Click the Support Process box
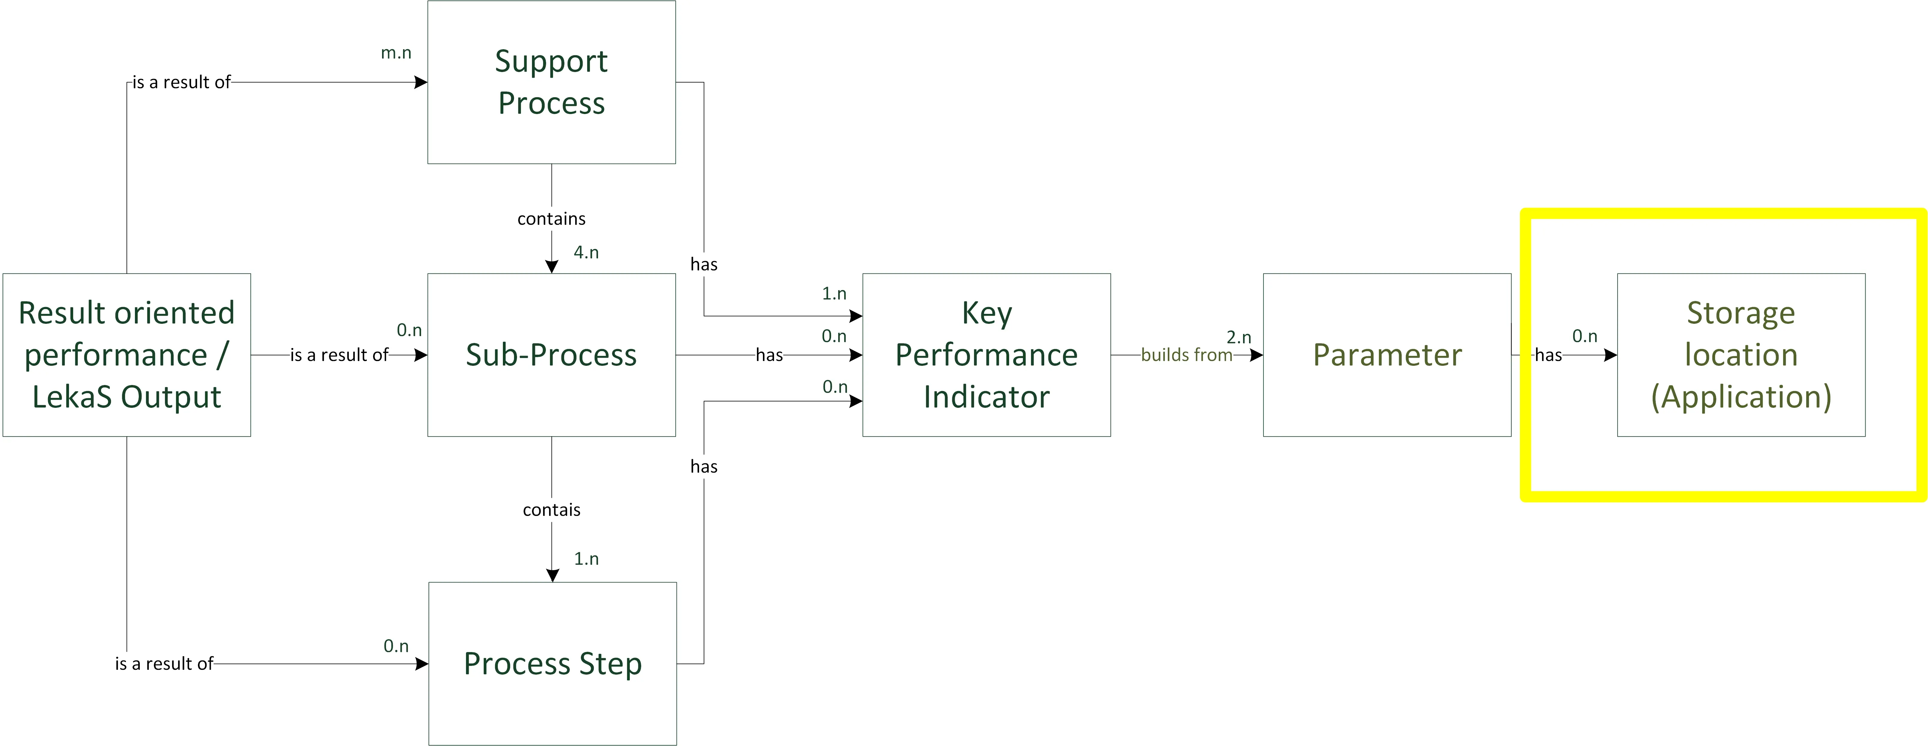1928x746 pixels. click(x=551, y=83)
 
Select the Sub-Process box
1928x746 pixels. click(x=551, y=355)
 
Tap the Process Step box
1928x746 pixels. click(x=552, y=663)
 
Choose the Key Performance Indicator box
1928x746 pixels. click(x=986, y=355)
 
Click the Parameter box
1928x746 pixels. click(x=1387, y=355)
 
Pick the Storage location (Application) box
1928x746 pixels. click(x=1741, y=355)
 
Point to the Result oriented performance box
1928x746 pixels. click(x=127, y=355)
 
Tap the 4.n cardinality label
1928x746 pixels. click(x=586, y=252)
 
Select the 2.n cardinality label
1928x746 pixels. click(x=1239, y=338)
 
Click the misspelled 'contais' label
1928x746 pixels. click(x=551, y=510)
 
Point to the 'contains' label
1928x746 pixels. click(x=551, y=219)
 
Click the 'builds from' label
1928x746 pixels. click(x=1186, y=355)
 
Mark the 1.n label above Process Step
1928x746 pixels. click(x=586, y=559)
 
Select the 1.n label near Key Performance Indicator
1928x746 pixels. click(x=834, y=293)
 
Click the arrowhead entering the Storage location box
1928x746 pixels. click(x=1611, y=355)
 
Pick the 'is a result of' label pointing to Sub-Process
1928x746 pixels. click(x=339, y=355)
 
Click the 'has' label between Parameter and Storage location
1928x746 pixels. click(x=1549, y=355)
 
